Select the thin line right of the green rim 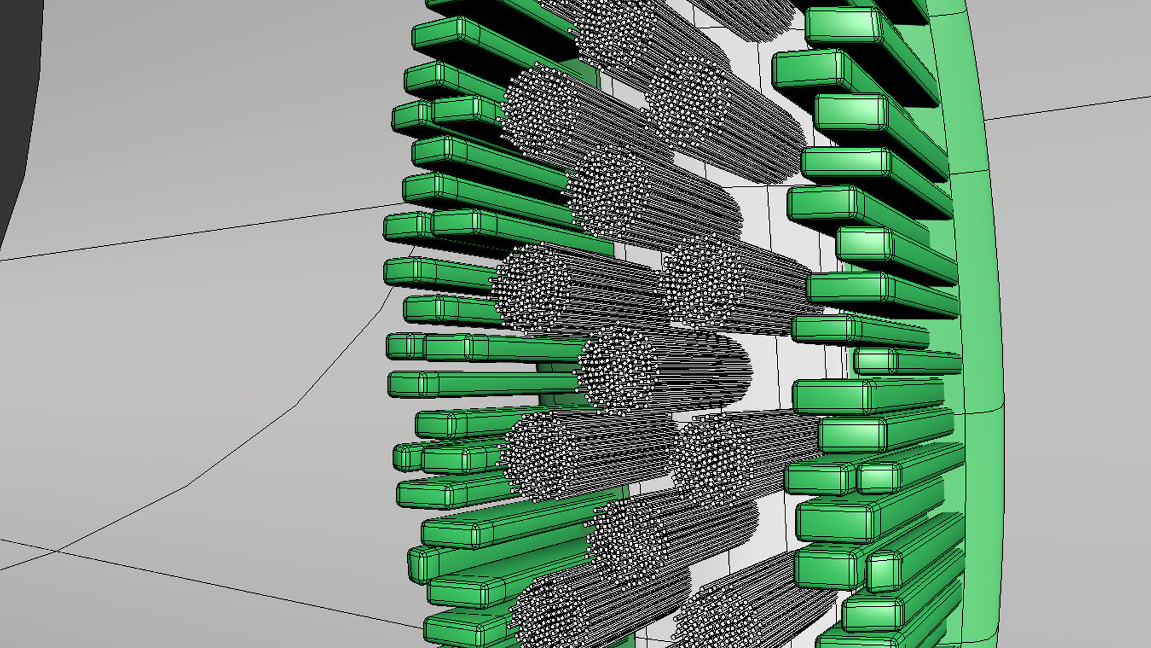1067,108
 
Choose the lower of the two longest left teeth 480,384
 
